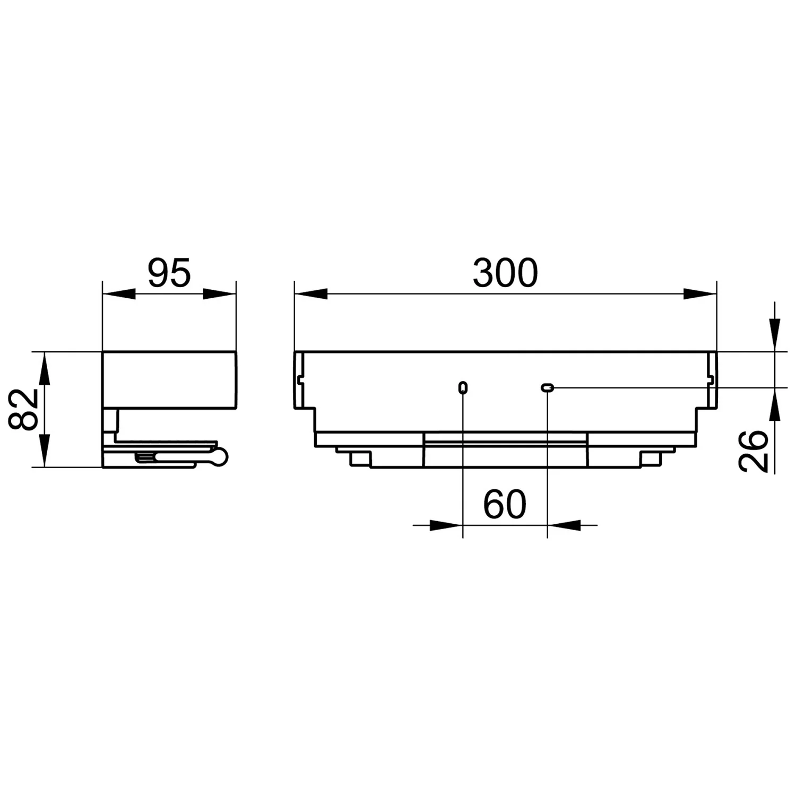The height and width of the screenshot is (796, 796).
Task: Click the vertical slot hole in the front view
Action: click(463, 387)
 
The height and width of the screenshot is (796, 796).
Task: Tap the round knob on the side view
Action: click(221, 457)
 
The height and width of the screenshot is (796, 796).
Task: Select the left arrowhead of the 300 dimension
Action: click(311, 293)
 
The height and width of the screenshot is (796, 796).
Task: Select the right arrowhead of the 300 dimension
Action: click(700, 293)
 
